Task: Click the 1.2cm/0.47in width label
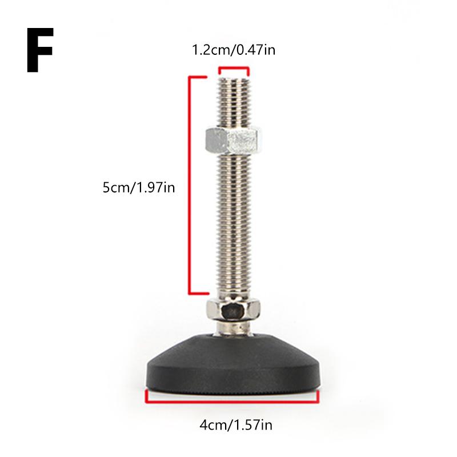(x=233, y=50)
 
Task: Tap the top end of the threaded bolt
(x=233, y=80)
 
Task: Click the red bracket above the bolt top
(x=234, y=69)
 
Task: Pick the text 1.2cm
(x=209, y=50)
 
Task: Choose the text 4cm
(x=210, y=424)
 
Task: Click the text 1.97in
(x=153, y=187)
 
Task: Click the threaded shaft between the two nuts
(x=233, y=223)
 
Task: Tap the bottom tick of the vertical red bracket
(x=197, y=294)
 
